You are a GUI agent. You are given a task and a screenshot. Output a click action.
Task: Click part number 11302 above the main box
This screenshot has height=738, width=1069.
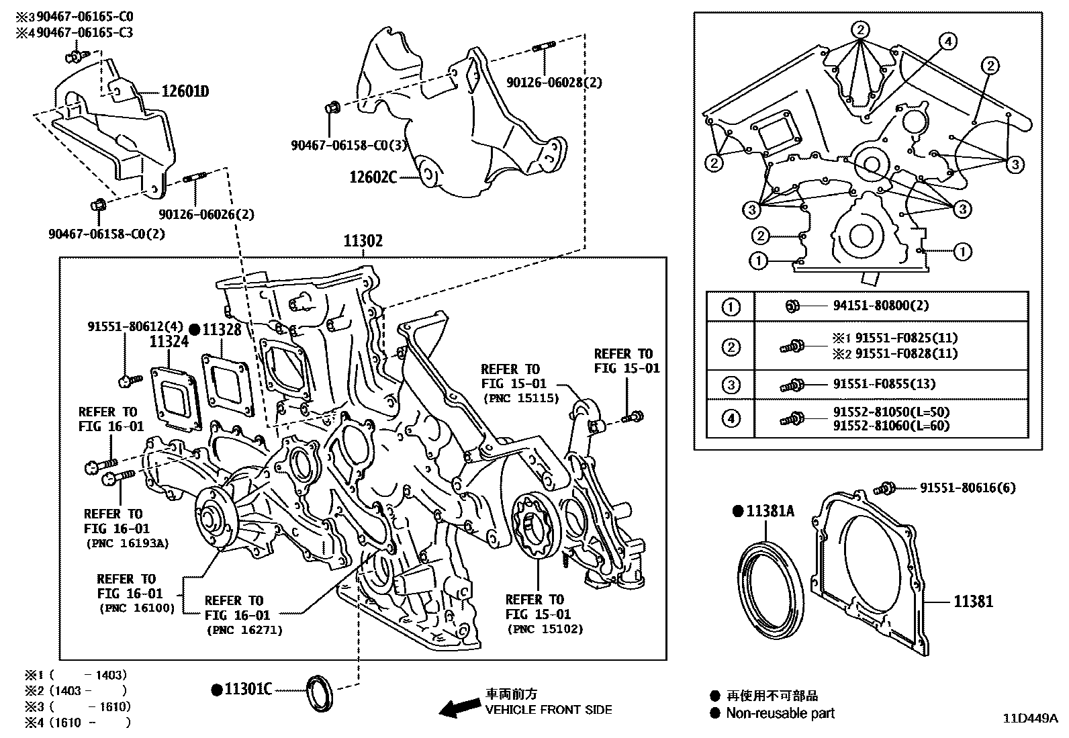tap(363, 241)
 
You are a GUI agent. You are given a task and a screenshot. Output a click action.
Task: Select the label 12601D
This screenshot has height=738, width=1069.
tap(185, 91)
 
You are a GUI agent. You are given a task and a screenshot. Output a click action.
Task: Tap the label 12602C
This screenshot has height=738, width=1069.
tap(373, 177)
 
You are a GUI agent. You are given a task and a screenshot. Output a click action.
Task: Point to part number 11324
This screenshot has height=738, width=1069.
tap(169, 342)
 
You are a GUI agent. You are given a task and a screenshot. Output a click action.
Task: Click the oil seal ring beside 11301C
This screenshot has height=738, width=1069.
tap(319, 692)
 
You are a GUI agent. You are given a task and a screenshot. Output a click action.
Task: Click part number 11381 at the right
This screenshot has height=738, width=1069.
tap(973, 601)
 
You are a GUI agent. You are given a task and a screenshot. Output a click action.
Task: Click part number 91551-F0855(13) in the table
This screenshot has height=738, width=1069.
tap(884, 384)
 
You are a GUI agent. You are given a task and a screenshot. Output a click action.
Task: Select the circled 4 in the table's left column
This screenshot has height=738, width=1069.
tap(731, 419)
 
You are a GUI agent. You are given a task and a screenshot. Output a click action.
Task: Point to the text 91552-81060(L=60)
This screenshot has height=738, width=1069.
tap(891, 426)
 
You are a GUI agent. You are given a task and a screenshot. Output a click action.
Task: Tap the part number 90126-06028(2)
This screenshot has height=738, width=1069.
tap(554, 83)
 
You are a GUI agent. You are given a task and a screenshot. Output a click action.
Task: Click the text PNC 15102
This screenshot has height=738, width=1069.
tap(546, 629)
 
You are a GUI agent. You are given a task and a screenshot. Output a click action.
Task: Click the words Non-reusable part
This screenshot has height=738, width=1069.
tap(780, 713)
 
